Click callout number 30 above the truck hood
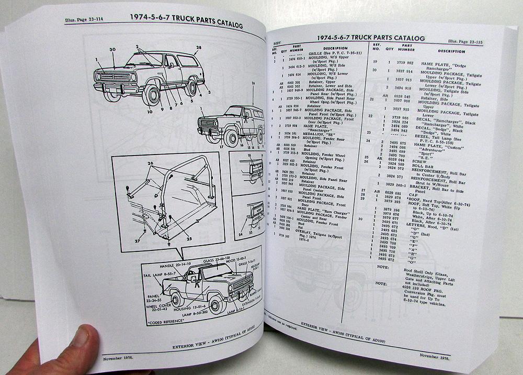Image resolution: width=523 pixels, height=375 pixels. [x=112, y=50]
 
